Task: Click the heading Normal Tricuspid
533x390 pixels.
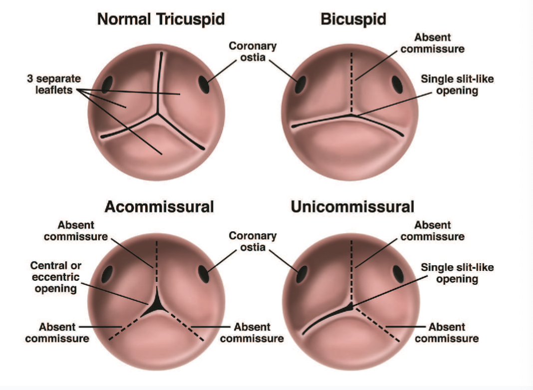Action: [x=161, y=19]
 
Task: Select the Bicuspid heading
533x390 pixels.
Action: [x=353, y=19]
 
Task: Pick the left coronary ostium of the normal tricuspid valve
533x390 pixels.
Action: [x=106, y=85]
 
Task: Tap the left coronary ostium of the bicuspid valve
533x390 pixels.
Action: [x=300, y=84]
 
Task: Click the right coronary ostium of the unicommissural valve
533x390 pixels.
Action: [x=398, y=273]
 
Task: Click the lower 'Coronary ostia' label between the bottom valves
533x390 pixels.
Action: [x=253, y=241]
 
